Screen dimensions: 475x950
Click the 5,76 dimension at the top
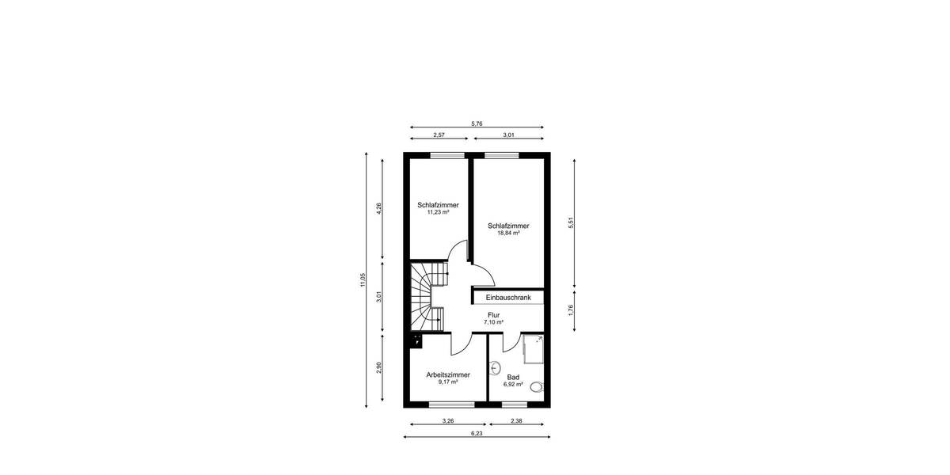(477, 123)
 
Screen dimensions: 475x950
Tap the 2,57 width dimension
(439, 135)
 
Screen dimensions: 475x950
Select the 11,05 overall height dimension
(363, 279)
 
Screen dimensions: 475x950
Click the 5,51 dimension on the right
(570, 223)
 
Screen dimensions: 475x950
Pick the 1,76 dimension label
(570, 310)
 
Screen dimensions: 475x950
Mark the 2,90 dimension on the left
(379, 370)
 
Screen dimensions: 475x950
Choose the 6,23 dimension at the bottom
(477, 433)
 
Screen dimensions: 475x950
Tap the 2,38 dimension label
(516, 420)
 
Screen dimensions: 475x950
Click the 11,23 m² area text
(438, 212)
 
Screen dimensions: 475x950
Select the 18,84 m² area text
(507, 233)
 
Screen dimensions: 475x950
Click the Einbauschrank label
(508, 298)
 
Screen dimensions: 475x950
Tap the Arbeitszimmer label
(448, 374)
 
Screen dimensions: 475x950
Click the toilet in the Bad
(537, 387)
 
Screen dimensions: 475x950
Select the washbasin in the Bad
(496, 367)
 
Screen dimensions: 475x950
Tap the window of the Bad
(515, 405)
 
